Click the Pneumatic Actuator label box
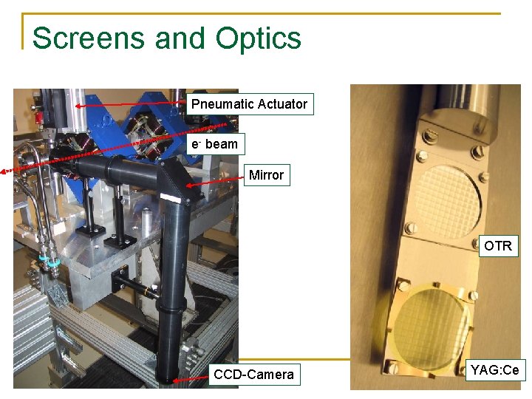click(x=249, y=104)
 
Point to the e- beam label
click(x=214, y=144)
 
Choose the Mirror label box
click(x=266, y=175)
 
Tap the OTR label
click(x=497, y=246)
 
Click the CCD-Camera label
click(x=253, y=375)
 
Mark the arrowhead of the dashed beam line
click(x=4, y=171)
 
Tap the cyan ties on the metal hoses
click(x=49, y=261)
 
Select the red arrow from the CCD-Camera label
click(x=188, y=378)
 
